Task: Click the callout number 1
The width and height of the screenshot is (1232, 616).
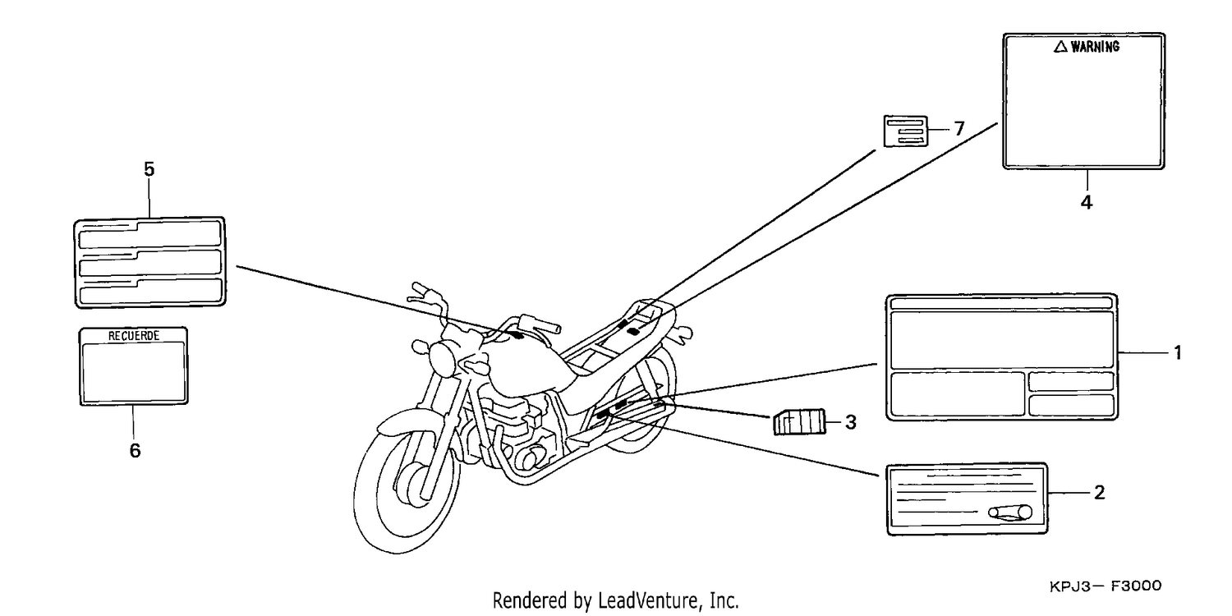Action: [1178, 352]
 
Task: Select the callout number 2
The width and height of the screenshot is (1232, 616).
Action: [1099, 492]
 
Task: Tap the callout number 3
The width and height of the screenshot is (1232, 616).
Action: [850, 422]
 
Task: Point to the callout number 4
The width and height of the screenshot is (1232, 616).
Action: [1087, 202]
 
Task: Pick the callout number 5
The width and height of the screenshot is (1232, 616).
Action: [149, 169]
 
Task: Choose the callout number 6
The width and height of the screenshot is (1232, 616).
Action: [135, 450]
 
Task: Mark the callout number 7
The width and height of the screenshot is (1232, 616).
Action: [959, 129]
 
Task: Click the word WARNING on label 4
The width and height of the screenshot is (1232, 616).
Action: [1095, 47]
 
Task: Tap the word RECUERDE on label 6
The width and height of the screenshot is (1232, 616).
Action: [134, 335]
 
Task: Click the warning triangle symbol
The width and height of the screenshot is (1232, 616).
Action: [1060, 48]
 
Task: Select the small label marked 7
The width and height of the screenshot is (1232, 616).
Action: [905, 131]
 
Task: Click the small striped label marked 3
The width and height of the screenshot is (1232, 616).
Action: [800, 422]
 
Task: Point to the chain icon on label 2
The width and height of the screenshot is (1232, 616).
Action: [1010, 513]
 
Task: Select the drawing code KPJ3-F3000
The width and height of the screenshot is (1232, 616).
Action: [1106, 586]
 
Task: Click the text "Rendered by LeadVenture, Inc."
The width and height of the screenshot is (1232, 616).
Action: [615, 600]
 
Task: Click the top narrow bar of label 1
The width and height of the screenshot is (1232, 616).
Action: [1001, 303]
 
